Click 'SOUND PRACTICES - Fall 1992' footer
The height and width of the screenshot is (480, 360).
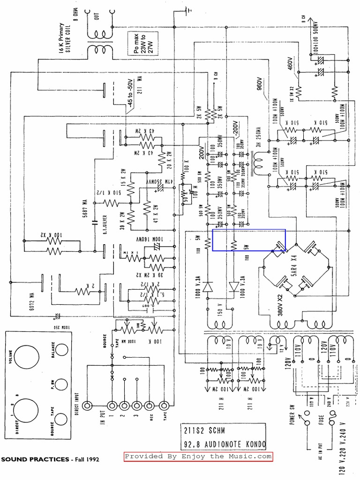click(50, 459)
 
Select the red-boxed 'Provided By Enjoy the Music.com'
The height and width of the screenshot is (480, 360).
click(198, 457)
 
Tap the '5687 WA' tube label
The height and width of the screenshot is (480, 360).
click(85, 209)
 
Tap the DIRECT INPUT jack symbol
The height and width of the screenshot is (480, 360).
click(87, 405)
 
